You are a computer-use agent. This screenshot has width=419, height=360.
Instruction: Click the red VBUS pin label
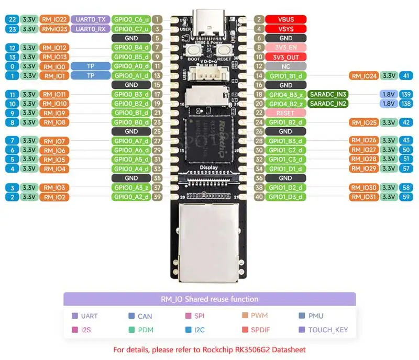click(286, 19)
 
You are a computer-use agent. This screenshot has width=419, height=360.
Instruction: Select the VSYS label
click(286, 29)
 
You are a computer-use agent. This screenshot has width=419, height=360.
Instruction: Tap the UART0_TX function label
click(91, 19)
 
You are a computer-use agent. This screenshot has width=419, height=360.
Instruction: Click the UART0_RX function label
click(91, 29)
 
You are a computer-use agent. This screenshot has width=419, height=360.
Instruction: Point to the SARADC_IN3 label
click(328, 94)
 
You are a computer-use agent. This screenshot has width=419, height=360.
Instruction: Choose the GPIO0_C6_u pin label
click(131, 19)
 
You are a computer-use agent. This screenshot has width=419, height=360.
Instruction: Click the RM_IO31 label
click(364, 197)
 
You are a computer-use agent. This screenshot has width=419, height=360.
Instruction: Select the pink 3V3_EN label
click(286, 48)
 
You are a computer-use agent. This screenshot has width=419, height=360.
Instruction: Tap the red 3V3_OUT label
click(286, 57)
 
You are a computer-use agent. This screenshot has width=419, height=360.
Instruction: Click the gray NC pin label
click(286, 66)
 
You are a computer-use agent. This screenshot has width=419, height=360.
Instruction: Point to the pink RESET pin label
click(286, 113)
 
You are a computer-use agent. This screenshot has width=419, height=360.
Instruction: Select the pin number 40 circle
click(258, 197)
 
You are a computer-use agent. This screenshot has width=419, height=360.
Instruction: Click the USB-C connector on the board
click(209, 24)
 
